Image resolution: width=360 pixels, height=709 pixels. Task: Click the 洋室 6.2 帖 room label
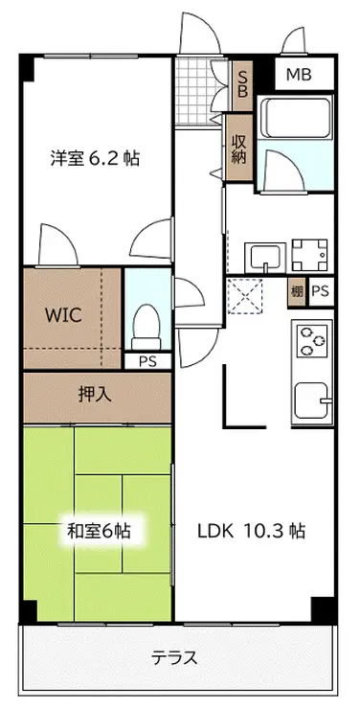click(x=95, y=159)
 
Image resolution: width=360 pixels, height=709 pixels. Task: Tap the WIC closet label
click(x=64, y=315)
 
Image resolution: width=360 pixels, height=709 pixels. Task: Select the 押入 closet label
click(x=95, y=396)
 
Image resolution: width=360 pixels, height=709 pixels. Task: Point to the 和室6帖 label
click(x=99, y=531)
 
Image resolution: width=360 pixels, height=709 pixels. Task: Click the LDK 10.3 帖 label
click(x=251, y=531)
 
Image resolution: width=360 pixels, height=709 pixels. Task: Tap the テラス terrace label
click(x=174, y=657)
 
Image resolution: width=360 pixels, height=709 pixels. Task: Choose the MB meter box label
click(x=300, y=74)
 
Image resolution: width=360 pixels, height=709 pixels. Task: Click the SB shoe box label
click(x=242, y=84)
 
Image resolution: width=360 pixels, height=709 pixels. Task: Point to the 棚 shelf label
click(x=297, y=292)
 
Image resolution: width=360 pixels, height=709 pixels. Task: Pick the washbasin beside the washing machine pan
click(x=265, y=258)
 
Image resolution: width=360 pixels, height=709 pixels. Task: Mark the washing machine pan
click(x=309, y=255)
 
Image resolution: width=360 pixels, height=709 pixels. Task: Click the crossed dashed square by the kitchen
click(x=245, y=296)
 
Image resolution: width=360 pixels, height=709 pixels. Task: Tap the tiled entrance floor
click(x=195, y=91)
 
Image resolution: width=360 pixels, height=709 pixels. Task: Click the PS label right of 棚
click(x=320, y=291)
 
